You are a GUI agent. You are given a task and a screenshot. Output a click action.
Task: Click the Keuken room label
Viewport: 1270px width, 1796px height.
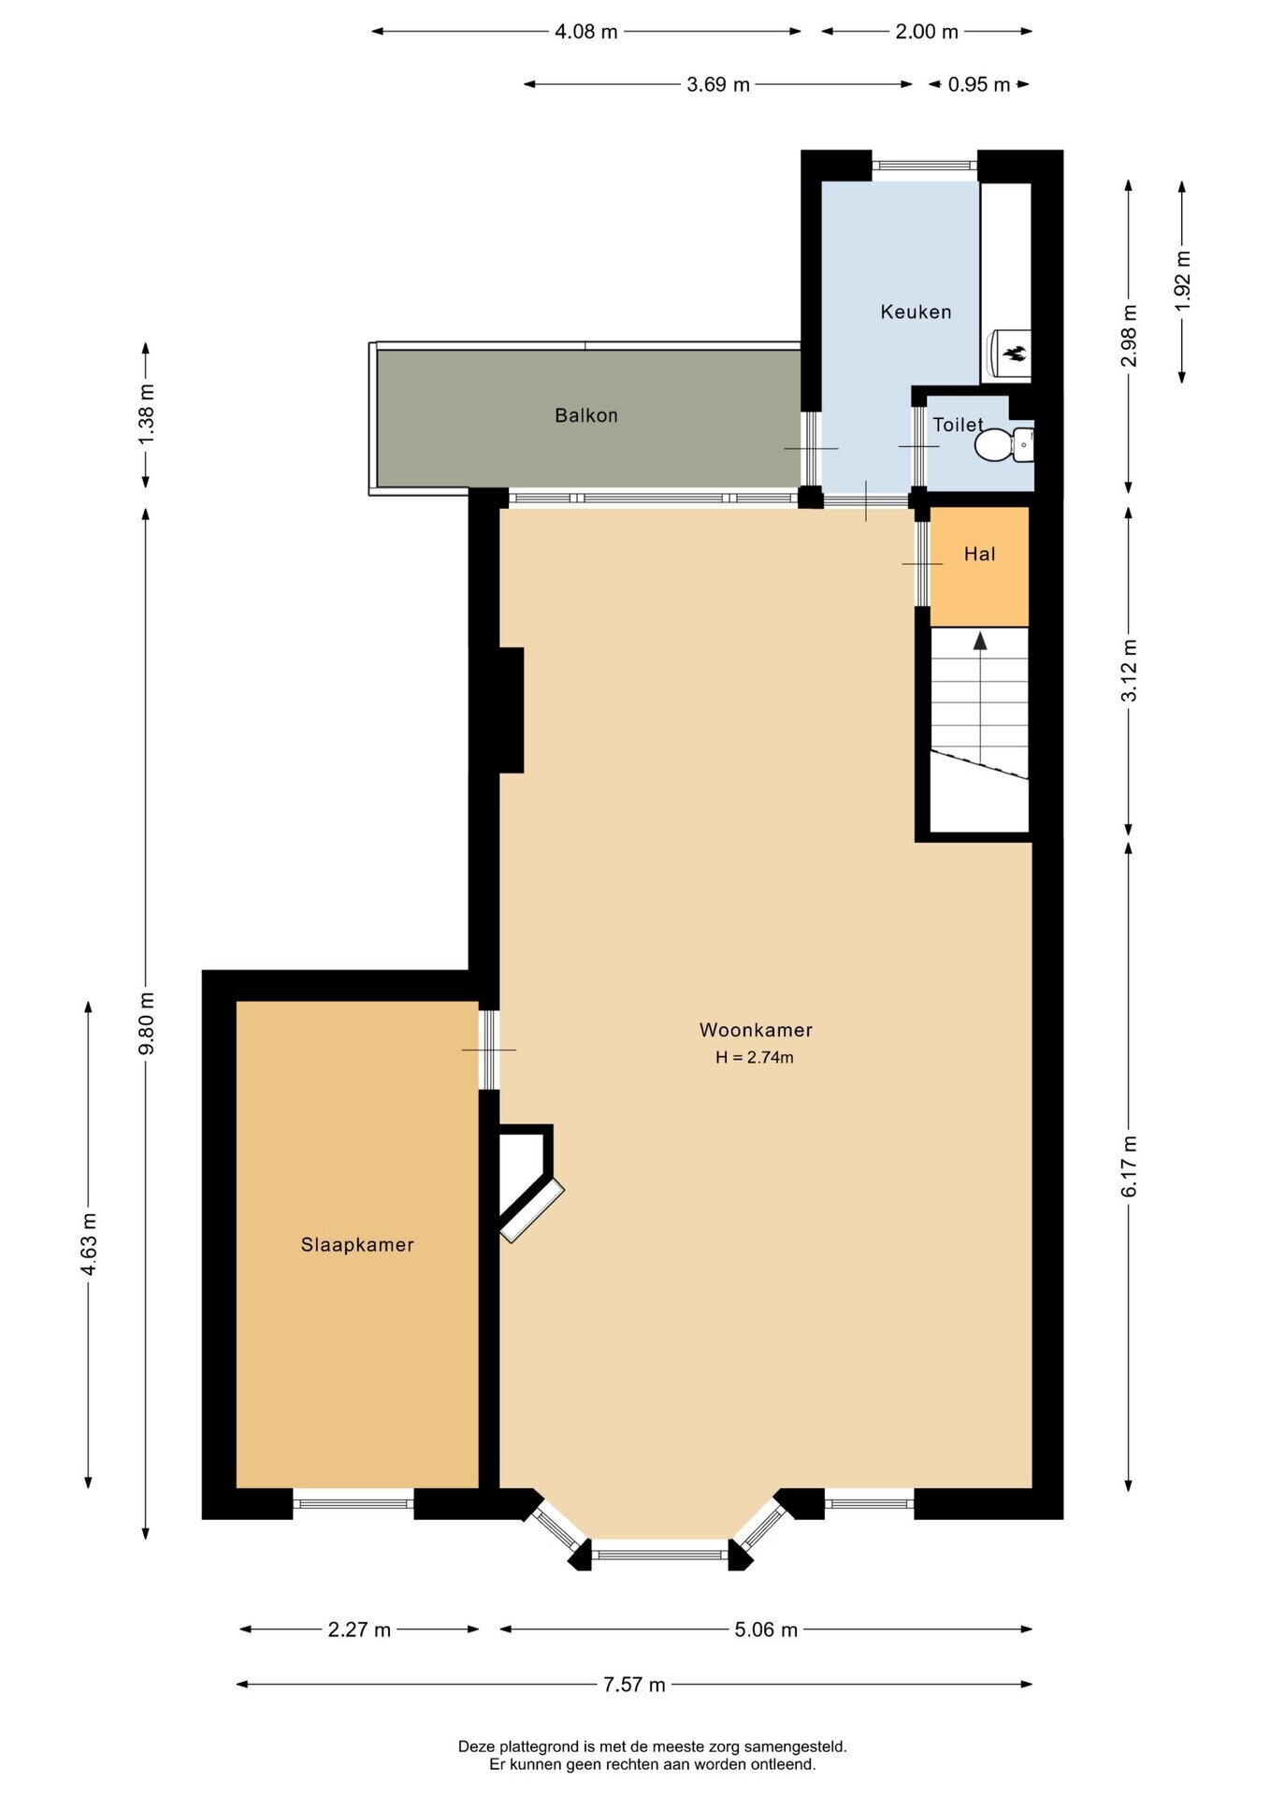(x=916, y=311)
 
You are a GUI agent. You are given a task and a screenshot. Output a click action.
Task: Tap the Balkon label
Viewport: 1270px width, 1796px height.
(x=586, y=415)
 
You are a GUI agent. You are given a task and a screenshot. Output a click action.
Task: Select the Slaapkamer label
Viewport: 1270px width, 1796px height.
(x=357, y=1245)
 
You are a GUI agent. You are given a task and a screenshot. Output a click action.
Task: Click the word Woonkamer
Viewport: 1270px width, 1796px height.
(x=756, y=1030)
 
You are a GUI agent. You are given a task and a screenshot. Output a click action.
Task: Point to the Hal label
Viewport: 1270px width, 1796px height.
(x=979, y=554)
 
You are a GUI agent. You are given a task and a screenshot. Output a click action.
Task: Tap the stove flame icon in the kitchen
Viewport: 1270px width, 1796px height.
(x=1015, y=354)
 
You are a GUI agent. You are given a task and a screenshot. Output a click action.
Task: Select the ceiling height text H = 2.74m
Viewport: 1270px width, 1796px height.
(x=755, y=1058)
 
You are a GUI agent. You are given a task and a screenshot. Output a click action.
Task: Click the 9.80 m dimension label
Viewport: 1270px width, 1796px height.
(x=146, y=1022)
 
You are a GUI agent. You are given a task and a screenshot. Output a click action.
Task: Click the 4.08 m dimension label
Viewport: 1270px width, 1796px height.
(x=586, y=32)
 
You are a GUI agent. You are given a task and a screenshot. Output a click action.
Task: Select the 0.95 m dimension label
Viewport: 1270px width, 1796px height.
(x=979, y=85)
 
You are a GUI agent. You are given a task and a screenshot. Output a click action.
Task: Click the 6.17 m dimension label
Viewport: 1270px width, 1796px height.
(x=1130, y=1166)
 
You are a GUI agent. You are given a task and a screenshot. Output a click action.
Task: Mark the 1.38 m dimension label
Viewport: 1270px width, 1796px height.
(x=146, y=415)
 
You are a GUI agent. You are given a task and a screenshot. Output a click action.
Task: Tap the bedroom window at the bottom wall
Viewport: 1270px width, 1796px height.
(x=354, y=1504)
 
